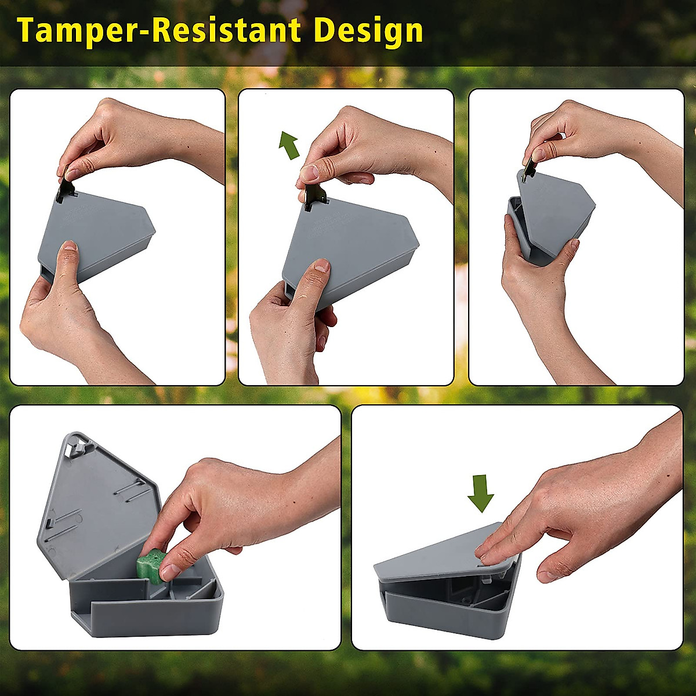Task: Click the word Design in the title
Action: (368, 31)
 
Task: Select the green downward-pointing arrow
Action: (480, 493)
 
